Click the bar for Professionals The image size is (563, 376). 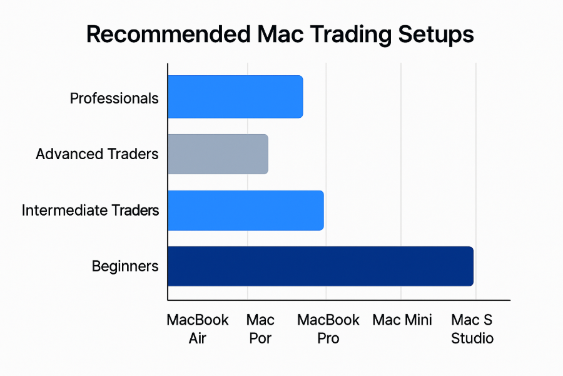point(236,97)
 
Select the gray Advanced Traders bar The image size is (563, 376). point(218,154)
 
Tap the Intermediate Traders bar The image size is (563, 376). point(246,211)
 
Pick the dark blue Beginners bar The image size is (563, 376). point(321,266)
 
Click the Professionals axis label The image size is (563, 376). point(114,98)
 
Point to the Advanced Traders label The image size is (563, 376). point(97,154)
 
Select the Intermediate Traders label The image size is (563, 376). point(90,210)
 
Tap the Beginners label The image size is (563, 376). point(125,266)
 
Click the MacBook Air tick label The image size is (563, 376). point(198,329)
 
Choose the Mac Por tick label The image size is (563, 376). point(260,329)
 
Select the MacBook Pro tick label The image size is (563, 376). point(328,329)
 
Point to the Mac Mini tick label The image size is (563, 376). point(402,320)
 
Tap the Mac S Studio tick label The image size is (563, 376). point(472,329)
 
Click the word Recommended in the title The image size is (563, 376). point(168,34)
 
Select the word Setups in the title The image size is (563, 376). point(436,35)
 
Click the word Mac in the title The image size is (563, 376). point(280,34)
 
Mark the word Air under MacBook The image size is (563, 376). point(198,338)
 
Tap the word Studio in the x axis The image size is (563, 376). point(472,338)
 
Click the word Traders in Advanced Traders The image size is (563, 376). point(133,154)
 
